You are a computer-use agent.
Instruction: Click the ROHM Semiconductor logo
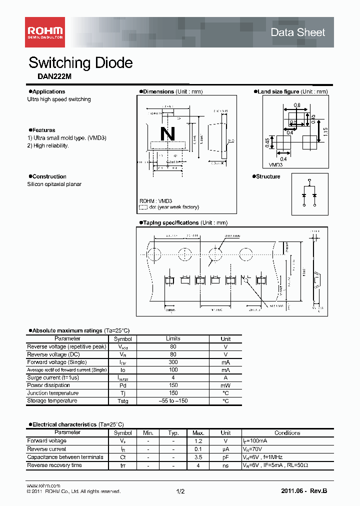[x=44, y=32]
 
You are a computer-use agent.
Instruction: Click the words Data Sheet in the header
[x=297, y=32]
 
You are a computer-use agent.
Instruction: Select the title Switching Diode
[x=80, y=63]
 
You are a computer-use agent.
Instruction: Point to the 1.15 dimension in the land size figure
[x=324, y=132]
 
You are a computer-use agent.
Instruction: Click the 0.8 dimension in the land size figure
[x=297, y=105]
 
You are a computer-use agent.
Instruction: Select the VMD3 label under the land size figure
[x=276, y=164]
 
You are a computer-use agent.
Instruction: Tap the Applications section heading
[x=48, y=91]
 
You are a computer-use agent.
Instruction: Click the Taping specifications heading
[x=170, y=222]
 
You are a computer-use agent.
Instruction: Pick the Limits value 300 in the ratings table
[x=173, y=362]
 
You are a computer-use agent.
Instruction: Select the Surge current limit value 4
[x=173, y=377]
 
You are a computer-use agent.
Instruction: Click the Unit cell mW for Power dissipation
[x=225, y=385]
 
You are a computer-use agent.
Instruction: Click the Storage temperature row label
[x=52, y=401]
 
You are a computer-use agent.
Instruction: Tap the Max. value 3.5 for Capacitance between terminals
[x=198, y=457]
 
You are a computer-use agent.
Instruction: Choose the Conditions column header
[x=287, y=433]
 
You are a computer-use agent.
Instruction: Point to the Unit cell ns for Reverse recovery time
[x=225, y=465]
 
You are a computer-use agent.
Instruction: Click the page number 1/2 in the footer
[x=180, y=491]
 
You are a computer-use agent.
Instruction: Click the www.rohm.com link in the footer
[x=43, y=486]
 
